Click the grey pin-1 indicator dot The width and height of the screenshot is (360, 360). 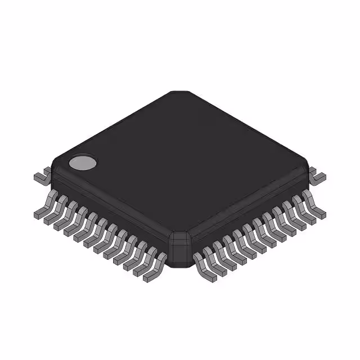(83, 163)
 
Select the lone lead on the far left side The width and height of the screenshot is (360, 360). (40, 177)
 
